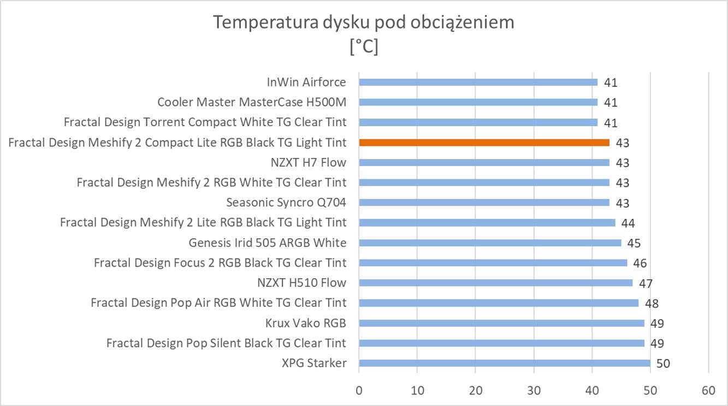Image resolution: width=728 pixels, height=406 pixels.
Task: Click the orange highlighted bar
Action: pos(484,143)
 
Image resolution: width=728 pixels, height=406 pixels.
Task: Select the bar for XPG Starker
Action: pos(504,363)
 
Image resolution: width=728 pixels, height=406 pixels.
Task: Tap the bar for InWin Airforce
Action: pos(478,82)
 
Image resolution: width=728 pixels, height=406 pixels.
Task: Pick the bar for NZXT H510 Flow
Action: pos(495,283)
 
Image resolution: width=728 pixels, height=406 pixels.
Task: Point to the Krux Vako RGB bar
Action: pos(501,323)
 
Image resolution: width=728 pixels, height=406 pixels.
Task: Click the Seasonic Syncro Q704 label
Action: pos(286,203)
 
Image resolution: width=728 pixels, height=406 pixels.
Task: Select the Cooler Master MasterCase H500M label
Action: pos(251,102)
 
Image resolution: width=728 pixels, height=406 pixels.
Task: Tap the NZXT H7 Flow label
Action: pos(308,162)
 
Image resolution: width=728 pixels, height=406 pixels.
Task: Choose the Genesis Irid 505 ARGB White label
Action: pos(267,243)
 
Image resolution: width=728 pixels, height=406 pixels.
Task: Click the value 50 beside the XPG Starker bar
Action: pos(663,364)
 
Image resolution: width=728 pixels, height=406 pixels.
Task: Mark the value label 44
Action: pos(628,223)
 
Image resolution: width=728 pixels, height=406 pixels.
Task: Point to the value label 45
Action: pos(634,243)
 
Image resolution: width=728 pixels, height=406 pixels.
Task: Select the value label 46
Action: pos(640,263)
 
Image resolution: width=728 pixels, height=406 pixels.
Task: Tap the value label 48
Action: pos(652,304)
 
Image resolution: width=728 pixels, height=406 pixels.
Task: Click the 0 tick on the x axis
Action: pos(359,391)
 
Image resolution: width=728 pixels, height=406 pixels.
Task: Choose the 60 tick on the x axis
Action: pos(708,391)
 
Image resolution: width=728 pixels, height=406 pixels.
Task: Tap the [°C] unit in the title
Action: pos(363,47)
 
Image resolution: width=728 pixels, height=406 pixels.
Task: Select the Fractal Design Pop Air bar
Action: pos(499,303)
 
